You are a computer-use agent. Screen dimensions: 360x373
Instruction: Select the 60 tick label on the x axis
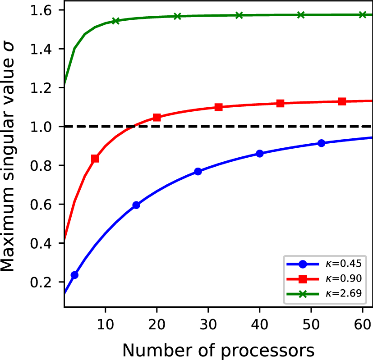tap(363, 324)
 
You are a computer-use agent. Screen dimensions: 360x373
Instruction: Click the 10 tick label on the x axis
tap(105, 324)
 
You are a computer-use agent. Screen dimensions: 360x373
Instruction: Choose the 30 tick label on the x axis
tap(208, 324)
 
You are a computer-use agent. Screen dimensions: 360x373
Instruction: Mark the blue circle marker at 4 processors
tap(74, 275)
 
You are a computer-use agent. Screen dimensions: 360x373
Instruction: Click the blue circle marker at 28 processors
tap(198, 171)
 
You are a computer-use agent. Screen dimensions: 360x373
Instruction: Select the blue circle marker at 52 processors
tap(321, 143)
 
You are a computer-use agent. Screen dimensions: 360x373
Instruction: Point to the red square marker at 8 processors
tap(95, 159)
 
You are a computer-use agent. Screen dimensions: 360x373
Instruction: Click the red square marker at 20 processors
tap(157, 118)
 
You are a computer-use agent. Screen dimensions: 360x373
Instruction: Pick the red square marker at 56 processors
tap(342, 101)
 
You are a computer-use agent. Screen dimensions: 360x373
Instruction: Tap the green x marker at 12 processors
tap(115, 21)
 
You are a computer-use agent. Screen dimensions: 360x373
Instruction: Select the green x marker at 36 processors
tap(239, 15)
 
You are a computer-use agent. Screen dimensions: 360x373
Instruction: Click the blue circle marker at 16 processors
tap(136, 205)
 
